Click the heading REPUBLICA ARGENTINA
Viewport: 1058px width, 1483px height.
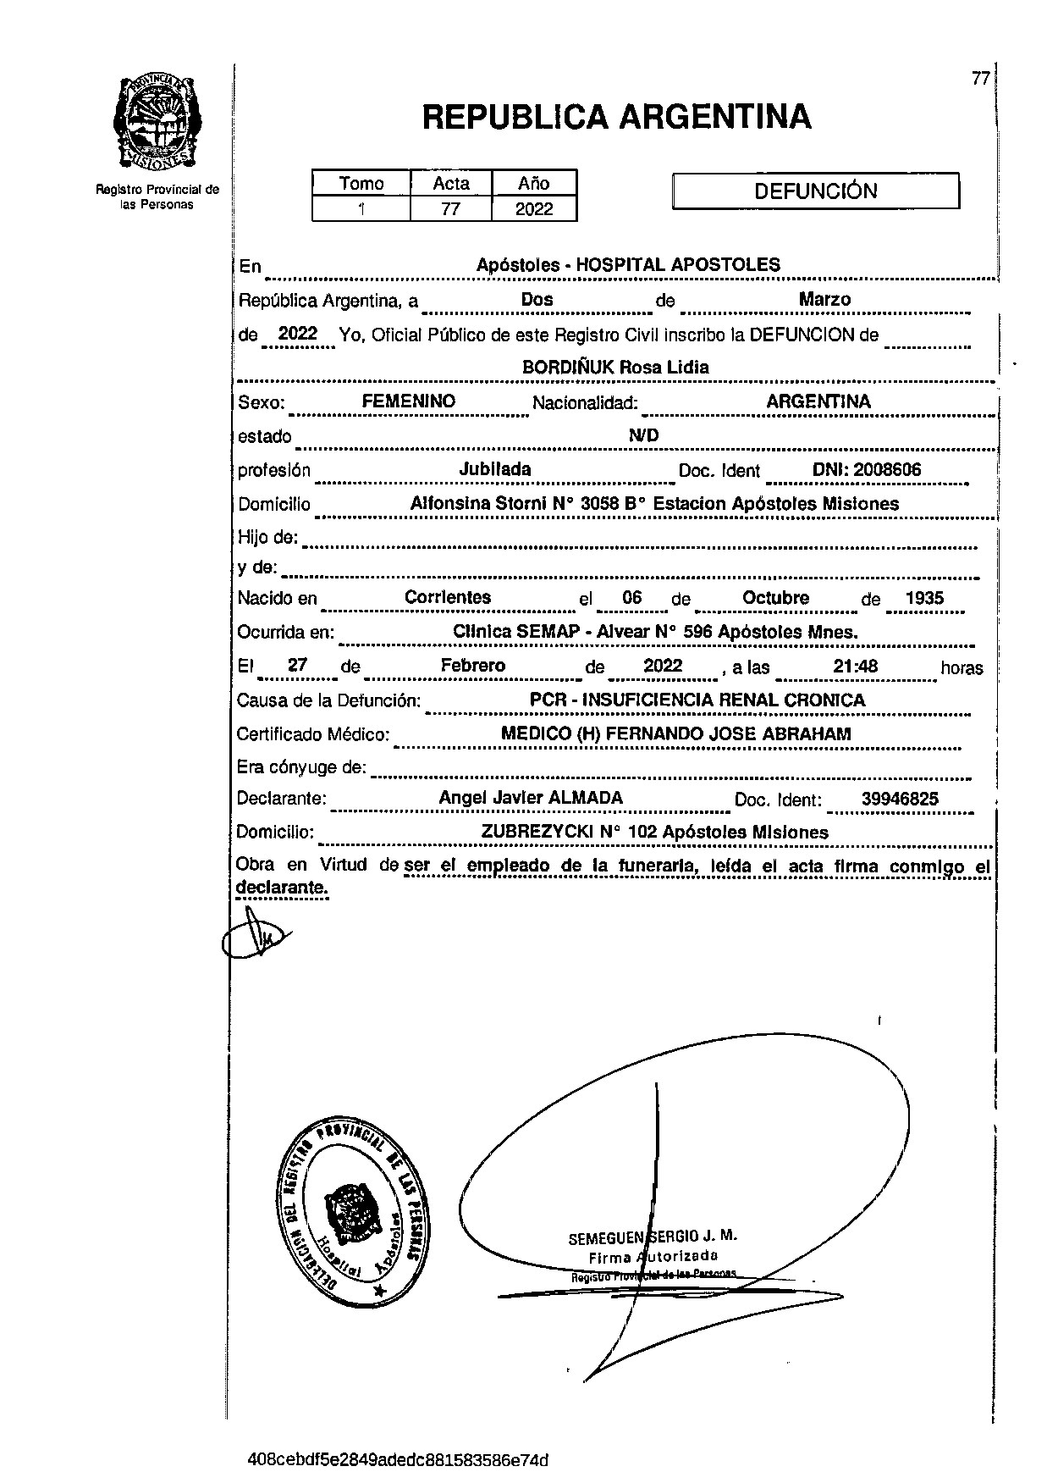point(616,117)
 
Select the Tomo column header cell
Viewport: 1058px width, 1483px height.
point(361,183)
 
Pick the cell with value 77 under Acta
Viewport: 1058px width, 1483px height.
point(450,208)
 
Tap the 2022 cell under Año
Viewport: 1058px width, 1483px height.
point(534,208)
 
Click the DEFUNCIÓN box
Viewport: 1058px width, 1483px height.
point(815,191)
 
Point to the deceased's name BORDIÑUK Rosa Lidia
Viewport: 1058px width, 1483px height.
point(615,368)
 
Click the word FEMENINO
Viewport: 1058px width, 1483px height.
point(409,401)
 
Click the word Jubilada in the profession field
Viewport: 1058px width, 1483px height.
point(495,469)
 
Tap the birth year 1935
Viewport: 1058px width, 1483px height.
point(923,598)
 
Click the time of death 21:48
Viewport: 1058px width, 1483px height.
point(855,667)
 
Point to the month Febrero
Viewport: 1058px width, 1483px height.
point(472,666)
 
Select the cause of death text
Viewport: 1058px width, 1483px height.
point(697,700)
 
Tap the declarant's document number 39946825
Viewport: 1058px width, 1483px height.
point(899,799)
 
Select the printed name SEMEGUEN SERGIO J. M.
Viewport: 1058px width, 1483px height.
point(652,1237)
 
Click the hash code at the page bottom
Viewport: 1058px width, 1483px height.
point(398,1459)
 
